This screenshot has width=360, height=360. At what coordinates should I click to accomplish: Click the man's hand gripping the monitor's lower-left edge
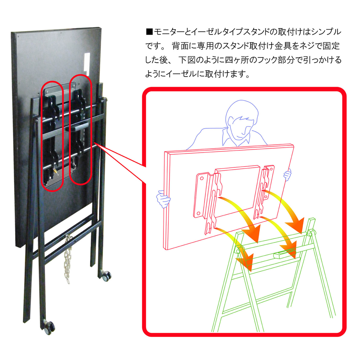pyautogui.click(x=163, y=200)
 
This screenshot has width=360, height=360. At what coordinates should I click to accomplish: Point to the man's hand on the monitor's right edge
pyautogui.click(x=287, y=175)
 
